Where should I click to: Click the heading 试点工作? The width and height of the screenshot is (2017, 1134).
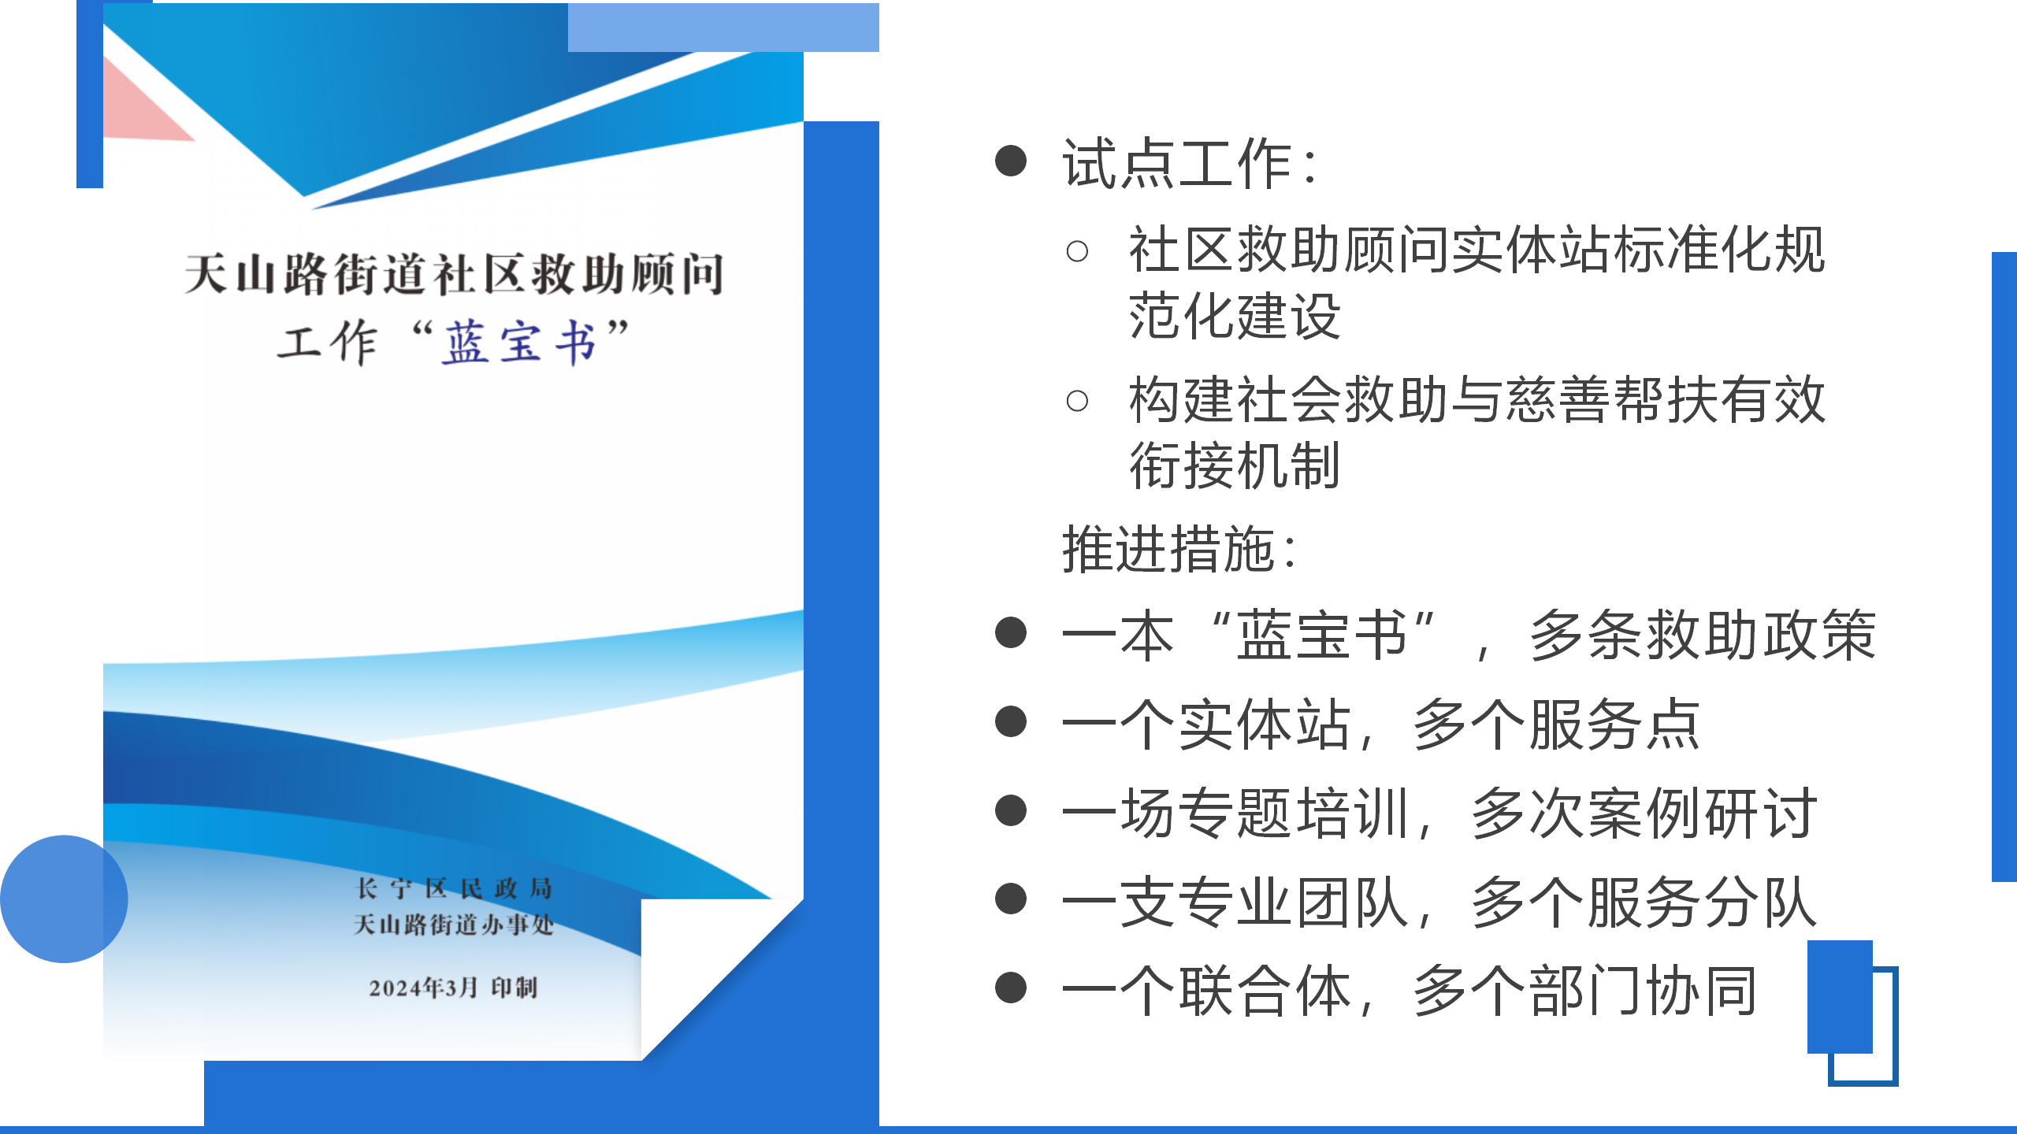[x=1177, y=164]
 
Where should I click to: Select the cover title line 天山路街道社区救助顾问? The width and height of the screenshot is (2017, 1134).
[x=454, y=274]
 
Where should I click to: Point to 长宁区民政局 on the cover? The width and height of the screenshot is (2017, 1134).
[x=454, y=888]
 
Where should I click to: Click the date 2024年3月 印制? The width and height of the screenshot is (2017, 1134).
[x=453, y=988]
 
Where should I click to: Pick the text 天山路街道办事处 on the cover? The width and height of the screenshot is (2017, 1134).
[x=454, y=925]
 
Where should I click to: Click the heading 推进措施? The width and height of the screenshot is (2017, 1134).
[x=1168, y=549]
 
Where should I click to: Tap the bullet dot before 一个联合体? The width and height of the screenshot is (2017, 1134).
[x=1011, y=988]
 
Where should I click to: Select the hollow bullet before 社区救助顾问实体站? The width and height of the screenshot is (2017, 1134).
[x=1077, y=252]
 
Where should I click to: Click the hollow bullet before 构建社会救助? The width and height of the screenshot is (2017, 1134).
[x=1077, y=401]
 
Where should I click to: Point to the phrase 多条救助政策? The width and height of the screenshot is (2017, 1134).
[x=1703, y=635]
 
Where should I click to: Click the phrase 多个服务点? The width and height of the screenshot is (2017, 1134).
[x=1557, y=724]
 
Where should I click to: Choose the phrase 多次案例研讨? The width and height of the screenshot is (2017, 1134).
[x=1644, y=813]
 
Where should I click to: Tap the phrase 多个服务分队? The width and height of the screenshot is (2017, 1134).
[x=1644, y=902]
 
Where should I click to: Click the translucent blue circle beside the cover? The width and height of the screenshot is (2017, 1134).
[x=64, y=899]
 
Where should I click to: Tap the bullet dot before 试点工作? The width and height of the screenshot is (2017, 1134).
[x=1011, y=161]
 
